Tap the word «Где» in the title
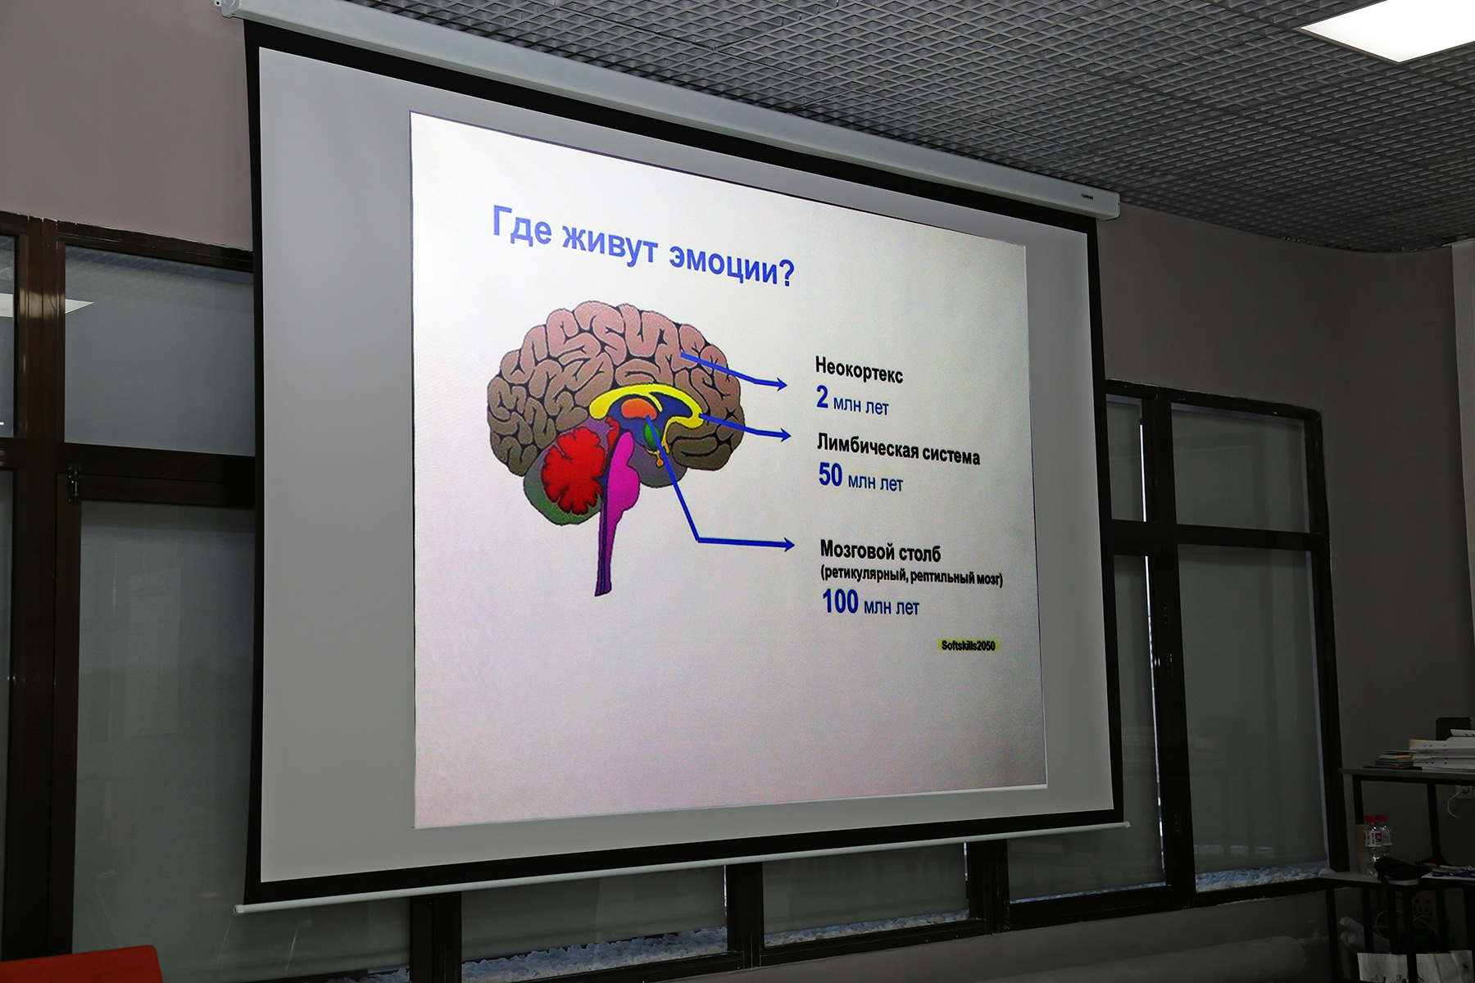point(521,225)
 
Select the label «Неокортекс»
point(859,371)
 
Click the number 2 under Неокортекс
point(822,397)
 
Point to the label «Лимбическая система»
point(898,450)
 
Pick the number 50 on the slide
point(830,474)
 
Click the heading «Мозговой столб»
point(880,551)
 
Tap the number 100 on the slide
point(840,602)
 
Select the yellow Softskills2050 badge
point(968,646)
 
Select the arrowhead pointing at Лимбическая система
point(783,435)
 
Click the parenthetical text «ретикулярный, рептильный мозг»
point(911,577)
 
